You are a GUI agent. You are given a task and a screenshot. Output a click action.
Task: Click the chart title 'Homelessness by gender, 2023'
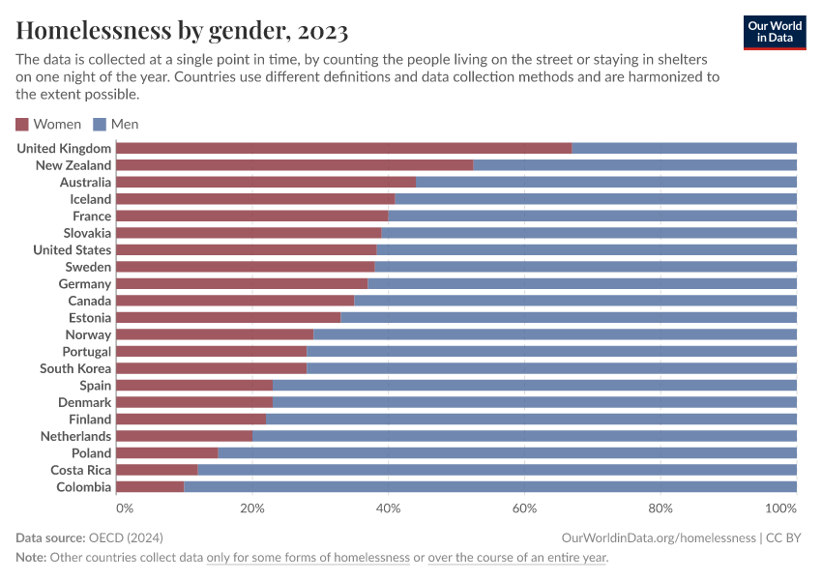[182, 31]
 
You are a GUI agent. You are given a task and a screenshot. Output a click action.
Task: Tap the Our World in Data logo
[774, 32]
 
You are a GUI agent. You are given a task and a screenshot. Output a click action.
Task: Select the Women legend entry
[48, 124]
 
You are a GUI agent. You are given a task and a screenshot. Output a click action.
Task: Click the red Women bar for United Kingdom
[343, 148]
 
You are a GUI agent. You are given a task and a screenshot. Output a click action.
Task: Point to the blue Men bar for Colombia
[490, 486]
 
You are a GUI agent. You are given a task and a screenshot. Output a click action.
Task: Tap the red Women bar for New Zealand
[294, 165]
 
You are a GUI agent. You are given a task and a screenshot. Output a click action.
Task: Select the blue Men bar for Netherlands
[524, 436]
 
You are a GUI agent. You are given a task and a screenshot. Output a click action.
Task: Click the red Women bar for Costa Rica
[157, 470]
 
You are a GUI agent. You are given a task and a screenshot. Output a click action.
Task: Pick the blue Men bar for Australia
[605, 182]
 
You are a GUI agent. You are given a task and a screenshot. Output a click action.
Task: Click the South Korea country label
[75, 368]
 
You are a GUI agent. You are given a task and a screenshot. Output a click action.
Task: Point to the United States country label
[72, 249]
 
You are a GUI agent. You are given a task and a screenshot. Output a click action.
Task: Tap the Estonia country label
[89, 317]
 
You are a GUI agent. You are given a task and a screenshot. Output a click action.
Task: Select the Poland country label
[91, 452]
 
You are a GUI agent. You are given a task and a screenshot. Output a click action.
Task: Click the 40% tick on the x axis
[388, 507]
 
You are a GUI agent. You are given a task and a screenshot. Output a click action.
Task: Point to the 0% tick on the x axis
[124, 507]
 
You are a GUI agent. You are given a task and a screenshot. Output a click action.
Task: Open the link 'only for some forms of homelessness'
[308, 558]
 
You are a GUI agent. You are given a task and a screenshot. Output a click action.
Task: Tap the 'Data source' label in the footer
[49, 537]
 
